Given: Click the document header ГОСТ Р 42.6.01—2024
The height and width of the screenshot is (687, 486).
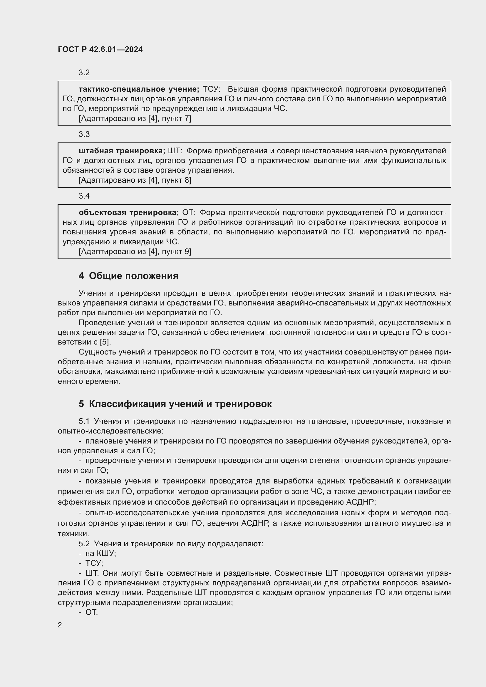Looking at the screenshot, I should (x=100, y=49).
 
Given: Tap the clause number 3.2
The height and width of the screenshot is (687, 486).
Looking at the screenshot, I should (x=84, y=73).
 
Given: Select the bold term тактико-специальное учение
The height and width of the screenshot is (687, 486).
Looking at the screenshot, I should (x=139, y=89).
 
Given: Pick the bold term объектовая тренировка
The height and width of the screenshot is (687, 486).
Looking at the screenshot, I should (x=129, y=212).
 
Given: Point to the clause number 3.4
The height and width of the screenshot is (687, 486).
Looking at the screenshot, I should (x=84, y=196).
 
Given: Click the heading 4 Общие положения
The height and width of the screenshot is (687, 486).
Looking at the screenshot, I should (x=128, y=276).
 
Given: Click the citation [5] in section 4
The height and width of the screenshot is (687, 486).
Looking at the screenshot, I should (x=105, y=342).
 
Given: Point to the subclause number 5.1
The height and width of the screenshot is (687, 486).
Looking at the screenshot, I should (x=84, y=421).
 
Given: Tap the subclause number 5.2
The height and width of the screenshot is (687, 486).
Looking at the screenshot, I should (x=84, y=544).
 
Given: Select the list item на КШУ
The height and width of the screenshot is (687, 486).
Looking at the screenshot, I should (x=100, y=554).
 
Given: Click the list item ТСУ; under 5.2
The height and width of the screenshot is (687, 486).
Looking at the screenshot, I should (x=94, y=563).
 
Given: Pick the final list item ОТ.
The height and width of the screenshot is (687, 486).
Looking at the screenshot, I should (x=92, y=612).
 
